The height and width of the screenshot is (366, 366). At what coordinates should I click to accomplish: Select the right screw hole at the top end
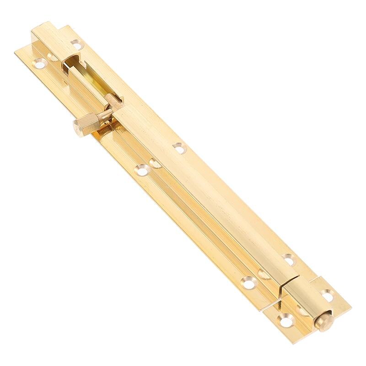tap(76, 44)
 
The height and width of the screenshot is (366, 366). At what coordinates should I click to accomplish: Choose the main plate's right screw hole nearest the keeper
tap(288, 259)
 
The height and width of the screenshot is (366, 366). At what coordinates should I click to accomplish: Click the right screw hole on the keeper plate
tap(327, 296)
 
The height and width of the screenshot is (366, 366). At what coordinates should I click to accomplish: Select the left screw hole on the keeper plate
tap(286, 321)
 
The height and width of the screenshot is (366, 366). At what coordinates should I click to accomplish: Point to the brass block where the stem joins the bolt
tap(113, 104)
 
